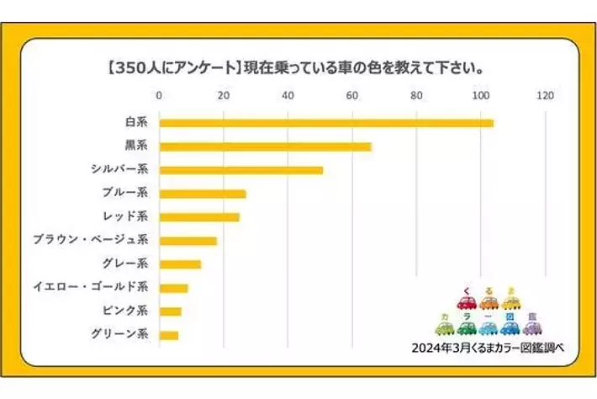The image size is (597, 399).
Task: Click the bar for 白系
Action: [326, 123]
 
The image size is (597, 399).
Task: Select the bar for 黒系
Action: [265, 146]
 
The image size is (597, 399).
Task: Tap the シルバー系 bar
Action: [240, 170]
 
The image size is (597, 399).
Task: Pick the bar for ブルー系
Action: [203, 194]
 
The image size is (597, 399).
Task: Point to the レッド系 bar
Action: [199, 217]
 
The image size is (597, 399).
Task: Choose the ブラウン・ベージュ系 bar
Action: [188, 241]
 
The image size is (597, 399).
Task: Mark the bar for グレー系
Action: [180, 264]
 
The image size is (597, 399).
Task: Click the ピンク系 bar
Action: [170, 311]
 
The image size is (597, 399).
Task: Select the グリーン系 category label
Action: [119, 335]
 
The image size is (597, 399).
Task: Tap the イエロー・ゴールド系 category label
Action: [91, 288]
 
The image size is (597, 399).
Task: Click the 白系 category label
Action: [136, 123]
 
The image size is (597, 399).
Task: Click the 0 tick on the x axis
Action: [159, 95]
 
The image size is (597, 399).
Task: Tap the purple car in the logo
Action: [533, 327]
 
